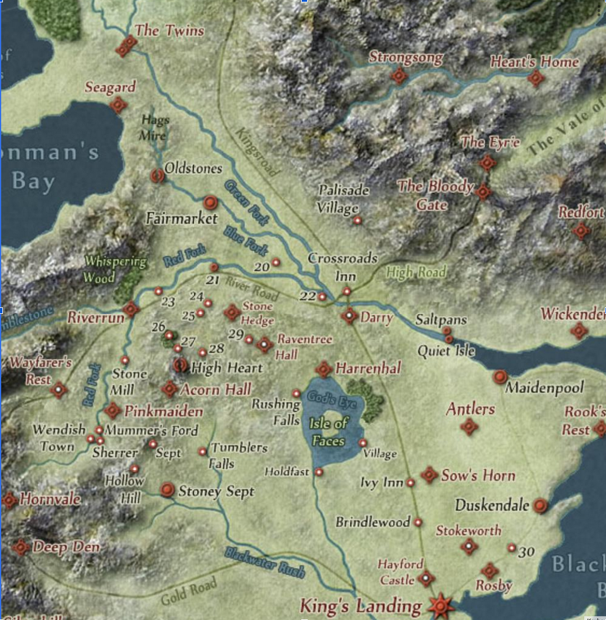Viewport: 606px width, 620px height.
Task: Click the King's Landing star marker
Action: coord(440,605)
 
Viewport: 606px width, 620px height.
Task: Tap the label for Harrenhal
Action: coord(368,369)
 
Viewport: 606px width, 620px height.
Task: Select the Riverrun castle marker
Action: coord(131,309)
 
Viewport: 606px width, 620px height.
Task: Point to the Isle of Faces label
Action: coord(329,432)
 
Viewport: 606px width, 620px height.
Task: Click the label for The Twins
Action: coord(169,31)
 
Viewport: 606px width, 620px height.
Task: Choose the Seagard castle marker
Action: coord(118,105)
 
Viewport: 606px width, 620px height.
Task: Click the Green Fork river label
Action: coord(247,204)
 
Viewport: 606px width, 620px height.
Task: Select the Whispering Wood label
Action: coord(116,269)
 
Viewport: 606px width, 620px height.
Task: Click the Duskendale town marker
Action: coord(540,505)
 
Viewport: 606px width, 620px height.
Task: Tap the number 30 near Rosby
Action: coord(527,552)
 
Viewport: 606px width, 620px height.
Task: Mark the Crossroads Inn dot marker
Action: coord(347,291)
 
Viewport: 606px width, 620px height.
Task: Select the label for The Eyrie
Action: coord(490,142)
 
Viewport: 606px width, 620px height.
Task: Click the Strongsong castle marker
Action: coord(399,76)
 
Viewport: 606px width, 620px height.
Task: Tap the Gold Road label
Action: coord(189,591)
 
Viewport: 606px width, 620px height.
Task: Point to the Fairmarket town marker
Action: coord(210,203)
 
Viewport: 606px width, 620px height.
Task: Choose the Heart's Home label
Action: coord(534,62)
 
